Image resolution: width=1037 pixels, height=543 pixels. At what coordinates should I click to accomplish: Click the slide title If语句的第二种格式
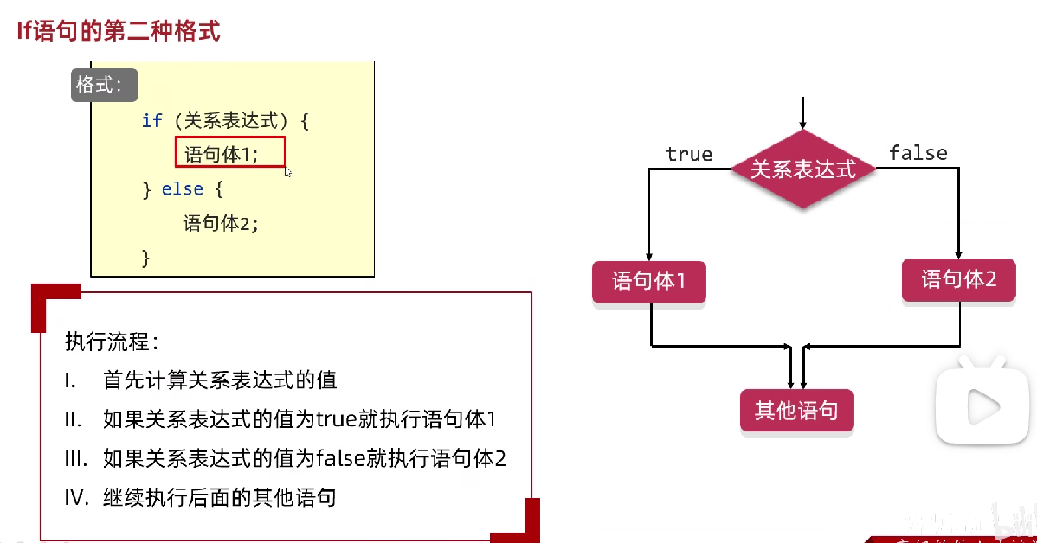tap(119, 32)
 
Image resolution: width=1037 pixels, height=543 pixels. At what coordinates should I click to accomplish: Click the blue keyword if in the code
tap(151, 120)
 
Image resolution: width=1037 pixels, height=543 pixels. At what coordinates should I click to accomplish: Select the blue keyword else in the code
tap(182, 189)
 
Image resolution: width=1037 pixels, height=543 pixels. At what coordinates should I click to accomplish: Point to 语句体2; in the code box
tap(221, 223)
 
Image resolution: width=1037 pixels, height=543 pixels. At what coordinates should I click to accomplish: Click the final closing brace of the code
tap(145, 257)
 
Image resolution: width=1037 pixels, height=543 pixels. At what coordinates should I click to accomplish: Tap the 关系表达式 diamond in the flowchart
tap(802, 169)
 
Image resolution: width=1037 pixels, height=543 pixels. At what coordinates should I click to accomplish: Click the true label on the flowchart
tap(688, 155)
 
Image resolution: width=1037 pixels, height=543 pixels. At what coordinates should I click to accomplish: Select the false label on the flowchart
tap(918, 153)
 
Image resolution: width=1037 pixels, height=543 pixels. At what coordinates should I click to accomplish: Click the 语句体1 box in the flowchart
tap(648, 282)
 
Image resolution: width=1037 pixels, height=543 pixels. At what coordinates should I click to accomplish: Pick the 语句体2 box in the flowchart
tap(958, 280)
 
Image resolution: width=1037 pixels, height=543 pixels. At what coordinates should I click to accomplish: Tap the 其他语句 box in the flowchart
tap(796, 411)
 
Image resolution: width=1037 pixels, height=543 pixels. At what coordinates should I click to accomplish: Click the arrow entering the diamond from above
tap(803, 113)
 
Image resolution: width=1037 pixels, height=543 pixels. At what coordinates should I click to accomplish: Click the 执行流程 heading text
tap(111, 342)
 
